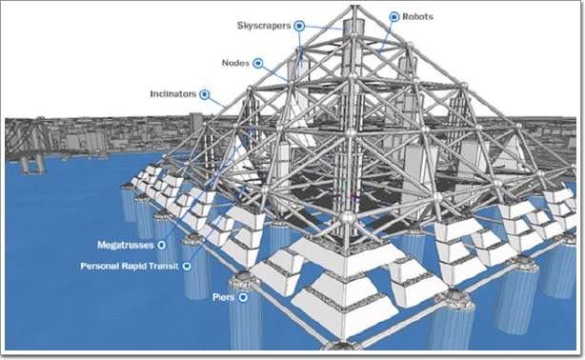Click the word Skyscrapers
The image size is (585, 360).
point(264,26)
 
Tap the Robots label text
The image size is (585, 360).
point(417,17)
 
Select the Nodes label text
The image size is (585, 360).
point(235,63)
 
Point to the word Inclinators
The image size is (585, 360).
point(172,94)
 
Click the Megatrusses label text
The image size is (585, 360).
point(126,245)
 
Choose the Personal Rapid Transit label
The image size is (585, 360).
point(130,266)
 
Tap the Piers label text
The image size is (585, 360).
point(224,297)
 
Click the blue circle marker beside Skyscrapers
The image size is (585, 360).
point(299,26)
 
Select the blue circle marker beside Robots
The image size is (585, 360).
point(394,17)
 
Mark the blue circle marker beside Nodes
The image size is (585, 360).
point(258,63)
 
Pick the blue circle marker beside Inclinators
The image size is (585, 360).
point(205,94)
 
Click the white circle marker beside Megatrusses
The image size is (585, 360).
point(161,245)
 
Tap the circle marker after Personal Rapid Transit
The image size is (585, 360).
point(187,266)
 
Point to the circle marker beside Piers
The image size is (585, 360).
point(243,297)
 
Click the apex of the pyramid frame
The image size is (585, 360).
point(354,7)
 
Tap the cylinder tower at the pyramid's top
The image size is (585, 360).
point(353,27)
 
